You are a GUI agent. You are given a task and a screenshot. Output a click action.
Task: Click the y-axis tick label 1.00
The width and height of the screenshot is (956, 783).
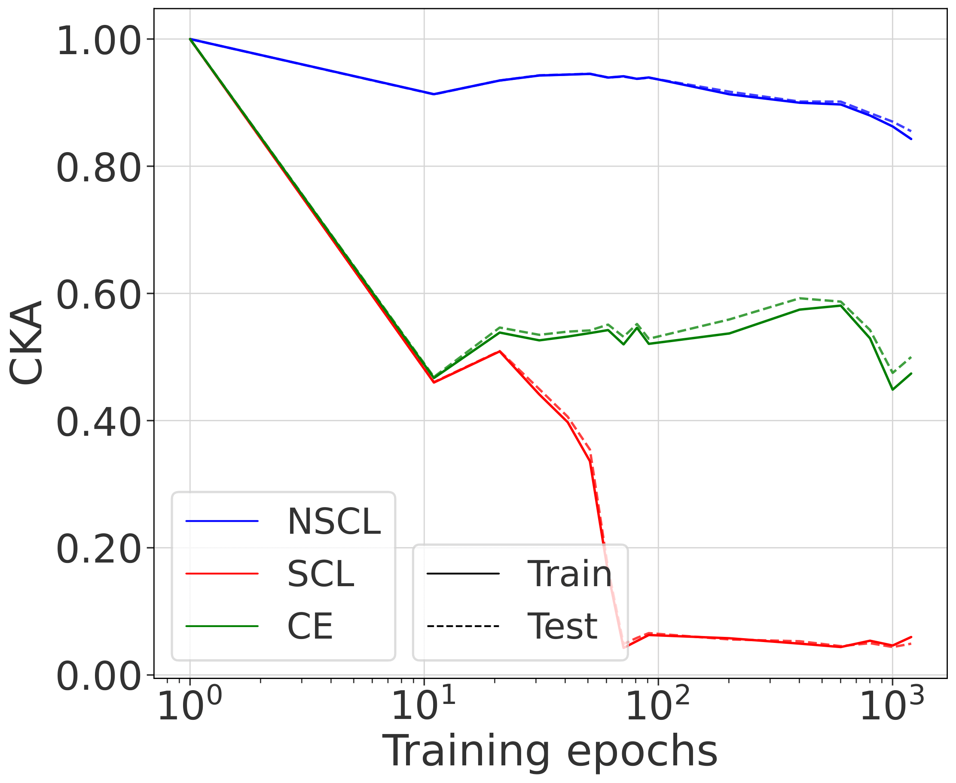98,40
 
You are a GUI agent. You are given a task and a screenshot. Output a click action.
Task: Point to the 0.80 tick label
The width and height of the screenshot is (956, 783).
98,168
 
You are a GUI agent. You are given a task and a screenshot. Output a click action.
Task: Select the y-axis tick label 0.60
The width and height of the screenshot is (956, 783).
98,295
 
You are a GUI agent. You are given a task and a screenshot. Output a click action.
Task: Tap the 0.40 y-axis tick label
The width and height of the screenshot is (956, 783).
98,422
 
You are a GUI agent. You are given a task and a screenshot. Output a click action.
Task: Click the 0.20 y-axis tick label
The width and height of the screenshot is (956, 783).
98,549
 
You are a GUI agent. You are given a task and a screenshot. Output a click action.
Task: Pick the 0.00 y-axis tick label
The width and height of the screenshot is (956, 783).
98,676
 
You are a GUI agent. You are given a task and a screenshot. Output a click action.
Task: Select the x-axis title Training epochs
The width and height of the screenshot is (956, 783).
550,751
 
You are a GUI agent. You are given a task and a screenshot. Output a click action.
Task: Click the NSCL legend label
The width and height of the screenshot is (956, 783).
334,522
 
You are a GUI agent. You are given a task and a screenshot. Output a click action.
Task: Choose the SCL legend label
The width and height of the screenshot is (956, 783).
321,574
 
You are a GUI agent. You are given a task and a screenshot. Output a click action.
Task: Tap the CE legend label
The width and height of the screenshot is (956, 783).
310,627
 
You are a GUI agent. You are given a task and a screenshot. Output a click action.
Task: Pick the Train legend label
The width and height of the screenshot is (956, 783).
570,574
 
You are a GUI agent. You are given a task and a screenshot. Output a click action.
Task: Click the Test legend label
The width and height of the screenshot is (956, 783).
562,627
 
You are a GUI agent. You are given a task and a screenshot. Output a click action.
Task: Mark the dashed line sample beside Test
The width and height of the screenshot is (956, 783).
463,627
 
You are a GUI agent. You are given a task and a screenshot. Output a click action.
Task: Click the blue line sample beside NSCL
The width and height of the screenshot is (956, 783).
222,521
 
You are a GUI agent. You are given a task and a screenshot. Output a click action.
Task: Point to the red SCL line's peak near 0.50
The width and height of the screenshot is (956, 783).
499,351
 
